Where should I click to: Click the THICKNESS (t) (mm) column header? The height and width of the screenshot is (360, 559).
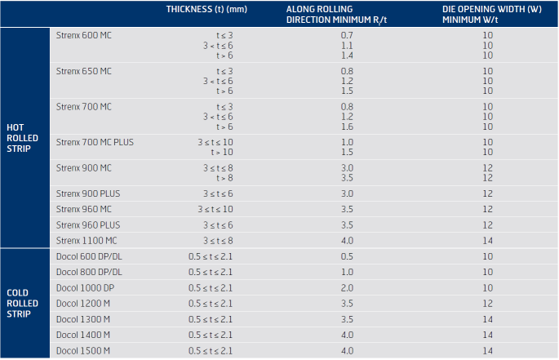click(206, 9)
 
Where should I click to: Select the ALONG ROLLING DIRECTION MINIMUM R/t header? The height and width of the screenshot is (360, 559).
click(336, 14)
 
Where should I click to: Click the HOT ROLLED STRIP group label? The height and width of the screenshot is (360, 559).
click(22, 138)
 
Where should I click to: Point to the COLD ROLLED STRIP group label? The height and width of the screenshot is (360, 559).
click(22, 304)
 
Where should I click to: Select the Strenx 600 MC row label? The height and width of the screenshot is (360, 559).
click(84, 35)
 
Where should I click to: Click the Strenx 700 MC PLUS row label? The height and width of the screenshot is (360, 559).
click(95, 142)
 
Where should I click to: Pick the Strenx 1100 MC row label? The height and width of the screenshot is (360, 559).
click(87, 241)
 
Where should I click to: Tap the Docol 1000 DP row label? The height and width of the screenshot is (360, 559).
click(85, 287)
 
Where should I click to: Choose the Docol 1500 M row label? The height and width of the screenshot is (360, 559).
click(83, 351)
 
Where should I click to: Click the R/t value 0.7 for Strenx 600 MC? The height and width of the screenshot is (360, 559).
click(347, 35)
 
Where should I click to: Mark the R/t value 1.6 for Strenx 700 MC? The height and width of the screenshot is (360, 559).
click(347, 127)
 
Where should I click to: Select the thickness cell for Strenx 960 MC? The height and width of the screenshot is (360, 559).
click(215, 209)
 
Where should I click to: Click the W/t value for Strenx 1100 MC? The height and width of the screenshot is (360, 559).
click(488, 241)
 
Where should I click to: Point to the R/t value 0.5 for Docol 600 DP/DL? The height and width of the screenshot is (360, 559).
click(347, 256)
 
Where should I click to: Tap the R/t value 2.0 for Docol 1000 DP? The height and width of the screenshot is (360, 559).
click(347, 287)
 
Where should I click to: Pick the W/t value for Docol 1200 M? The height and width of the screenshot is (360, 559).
click(488, 304)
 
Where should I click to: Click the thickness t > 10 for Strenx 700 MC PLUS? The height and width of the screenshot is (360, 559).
click(222, 152)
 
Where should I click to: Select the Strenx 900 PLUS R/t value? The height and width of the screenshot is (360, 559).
click(347, 193)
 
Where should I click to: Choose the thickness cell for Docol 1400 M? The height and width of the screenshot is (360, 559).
click(211, 335)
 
